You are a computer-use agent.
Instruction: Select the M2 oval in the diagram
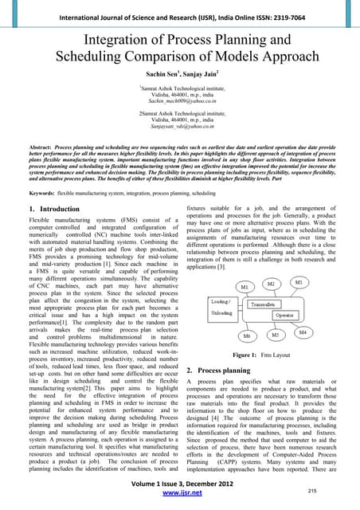[x=271, y=283]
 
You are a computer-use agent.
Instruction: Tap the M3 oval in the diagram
[x=299, y=281]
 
